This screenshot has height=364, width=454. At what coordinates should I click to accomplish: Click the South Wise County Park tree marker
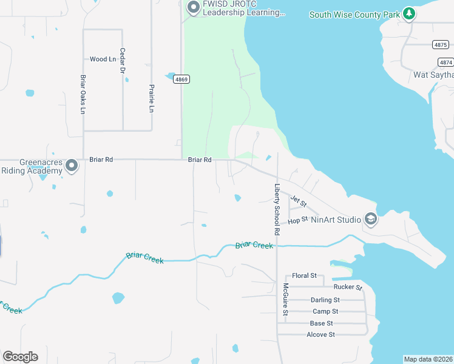click(x=410, y=13)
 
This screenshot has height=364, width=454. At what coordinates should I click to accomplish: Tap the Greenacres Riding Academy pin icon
click(x=72, y=165)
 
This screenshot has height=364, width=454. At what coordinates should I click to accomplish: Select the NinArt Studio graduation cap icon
click(x=370, y=219)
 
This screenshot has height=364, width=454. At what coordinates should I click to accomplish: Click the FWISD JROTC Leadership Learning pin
click(x=194, y=8)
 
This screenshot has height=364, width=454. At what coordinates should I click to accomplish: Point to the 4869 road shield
click(x=181, y=79)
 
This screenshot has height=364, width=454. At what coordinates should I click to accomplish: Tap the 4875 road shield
click(x=441, y=45)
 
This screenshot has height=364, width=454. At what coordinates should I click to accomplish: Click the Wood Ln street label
click(x=103, y=59)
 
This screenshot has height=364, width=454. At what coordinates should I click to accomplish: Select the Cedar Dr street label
click(x=122, y=61)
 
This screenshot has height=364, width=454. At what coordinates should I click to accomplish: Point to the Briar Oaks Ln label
click(x=83, y=94)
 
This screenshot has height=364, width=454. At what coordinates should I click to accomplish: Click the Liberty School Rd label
click(x=276, y=209)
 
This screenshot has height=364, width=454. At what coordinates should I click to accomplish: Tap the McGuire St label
click(x=285, y=300)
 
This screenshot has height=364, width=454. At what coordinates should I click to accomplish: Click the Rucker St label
click(x=348, y=287)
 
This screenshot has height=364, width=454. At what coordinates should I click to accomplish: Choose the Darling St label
click(x=325, y=300)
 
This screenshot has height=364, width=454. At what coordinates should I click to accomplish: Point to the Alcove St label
click(x=320, y=334)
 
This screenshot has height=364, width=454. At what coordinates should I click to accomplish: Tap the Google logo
click(x=20, y=357)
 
